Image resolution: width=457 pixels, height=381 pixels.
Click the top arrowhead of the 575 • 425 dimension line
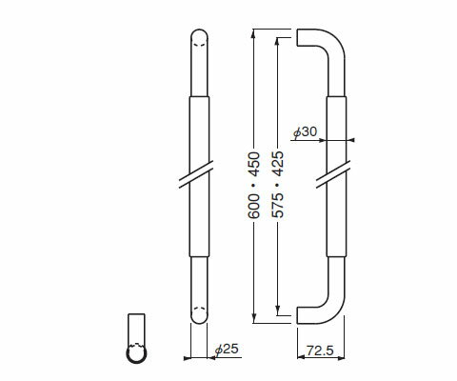(x=277, y=46)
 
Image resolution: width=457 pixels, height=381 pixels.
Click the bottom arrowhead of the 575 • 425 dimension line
(x=277, y=307)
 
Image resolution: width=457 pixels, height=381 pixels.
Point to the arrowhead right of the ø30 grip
(x=351, y=141)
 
